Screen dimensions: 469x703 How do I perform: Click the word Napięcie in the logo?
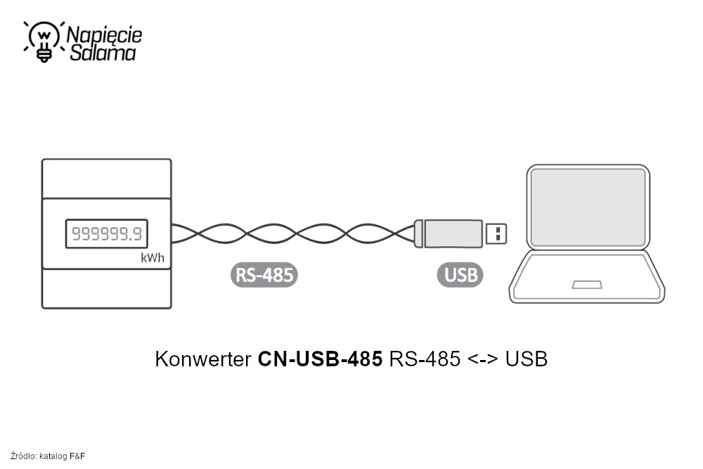[x=104, y=34]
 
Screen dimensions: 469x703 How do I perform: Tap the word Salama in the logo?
[x=103, y=53]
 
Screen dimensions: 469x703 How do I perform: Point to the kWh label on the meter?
[x=153, y=258]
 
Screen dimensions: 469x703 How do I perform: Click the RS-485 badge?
[x=264, y=275]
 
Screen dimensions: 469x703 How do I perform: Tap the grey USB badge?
[x=461, y=275]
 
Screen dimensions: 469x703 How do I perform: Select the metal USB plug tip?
[x=496, y=233]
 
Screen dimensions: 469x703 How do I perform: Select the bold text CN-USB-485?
[x=321, y=359]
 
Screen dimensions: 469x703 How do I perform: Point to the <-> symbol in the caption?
[x=482, y=359]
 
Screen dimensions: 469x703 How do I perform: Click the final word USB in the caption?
[x=526, y=359]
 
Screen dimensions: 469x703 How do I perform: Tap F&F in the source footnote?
[x=77, y=456]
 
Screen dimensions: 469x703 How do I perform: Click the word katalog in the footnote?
[x=53, y=456]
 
